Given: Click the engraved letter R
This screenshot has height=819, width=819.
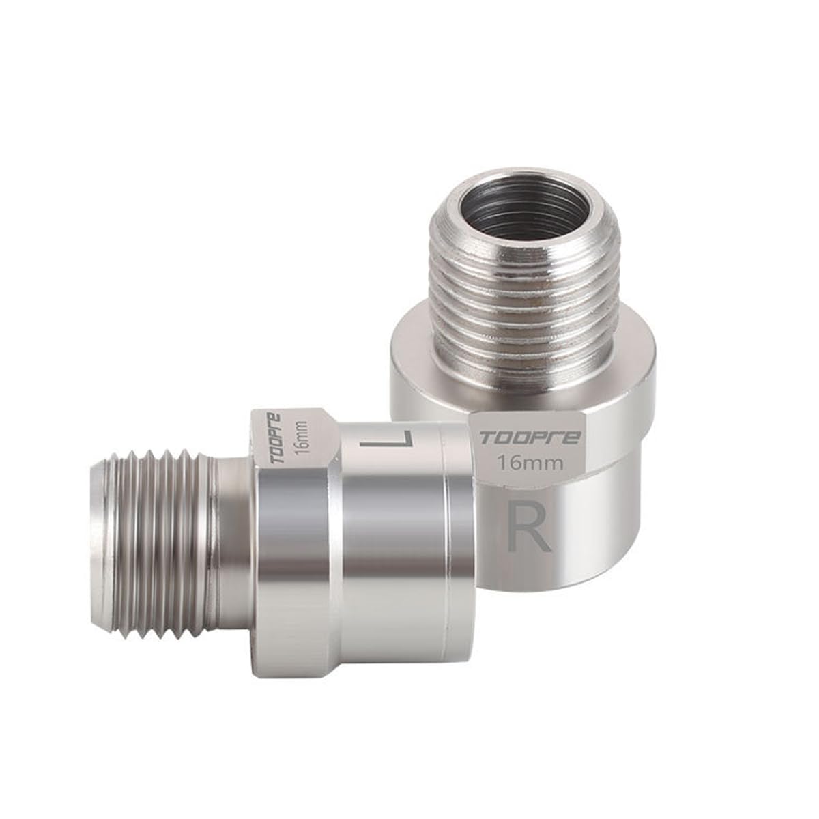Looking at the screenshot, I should tap(530, 527).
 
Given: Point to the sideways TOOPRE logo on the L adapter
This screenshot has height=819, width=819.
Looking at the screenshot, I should tap(281, 437).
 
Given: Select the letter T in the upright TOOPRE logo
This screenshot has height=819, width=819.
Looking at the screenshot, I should tap(485, 437).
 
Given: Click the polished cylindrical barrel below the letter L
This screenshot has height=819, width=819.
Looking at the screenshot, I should tap(389, 546).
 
